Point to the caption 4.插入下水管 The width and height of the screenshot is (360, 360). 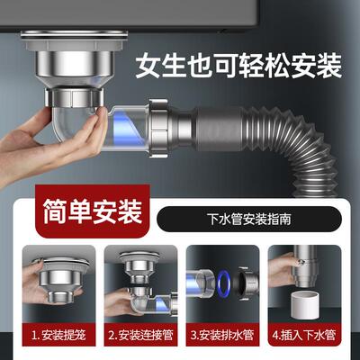pos(307,336)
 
